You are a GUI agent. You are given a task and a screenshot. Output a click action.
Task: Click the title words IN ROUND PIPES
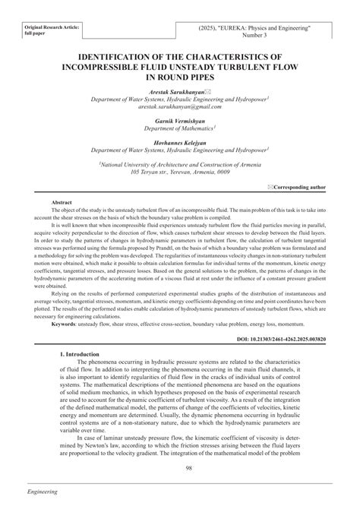pyautogui.click(x=180, y=77)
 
